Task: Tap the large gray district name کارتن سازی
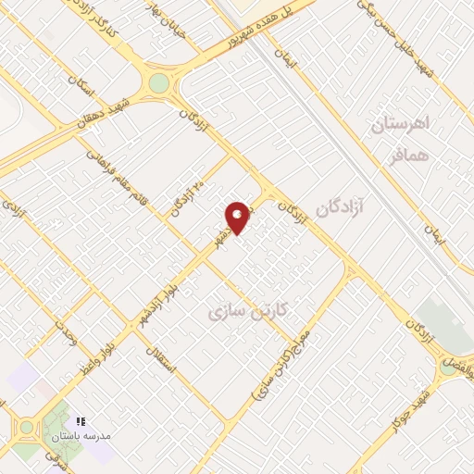(249, 310)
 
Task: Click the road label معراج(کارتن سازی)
(283, 365)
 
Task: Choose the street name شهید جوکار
(410, 408)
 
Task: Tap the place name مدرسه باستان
(81, 435)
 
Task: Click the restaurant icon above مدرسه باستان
(81, 421)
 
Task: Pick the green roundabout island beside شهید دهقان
(159, 83)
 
